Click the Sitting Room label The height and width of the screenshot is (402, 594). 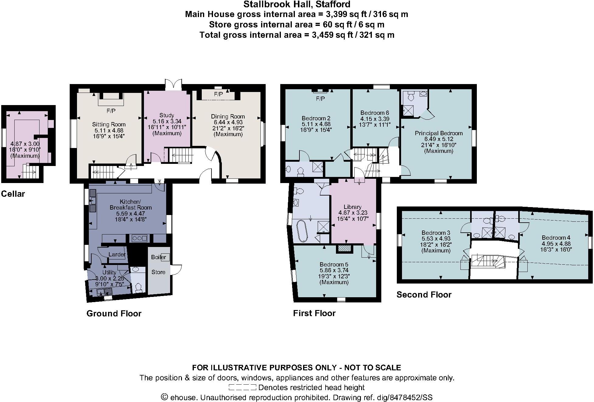click(x=109, y=124)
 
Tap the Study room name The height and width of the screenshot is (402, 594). click(x=167, y=115)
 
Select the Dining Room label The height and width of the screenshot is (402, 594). click(x=228, y=116)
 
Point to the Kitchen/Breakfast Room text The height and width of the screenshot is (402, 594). click(x=131, y=205)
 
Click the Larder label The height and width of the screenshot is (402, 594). click(x=117, y=254)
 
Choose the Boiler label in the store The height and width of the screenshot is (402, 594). click(x=159, y=257)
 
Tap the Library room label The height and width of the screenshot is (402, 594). click(x=352, y=207)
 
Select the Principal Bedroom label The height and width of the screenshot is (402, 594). click(x=439, y=133)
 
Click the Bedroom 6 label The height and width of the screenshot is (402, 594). click(x=375, y=113)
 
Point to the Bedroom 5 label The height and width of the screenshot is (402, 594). click(x=334, y=264)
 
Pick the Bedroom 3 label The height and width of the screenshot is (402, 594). click(x=436, y=233)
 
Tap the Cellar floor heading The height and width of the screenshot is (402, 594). click(x=13, y=194)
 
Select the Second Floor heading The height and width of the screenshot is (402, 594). click(x=424, y=294)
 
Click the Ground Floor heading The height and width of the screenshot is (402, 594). click(x=114, y=313)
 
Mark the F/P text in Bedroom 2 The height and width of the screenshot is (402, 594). click(x=320, y=99)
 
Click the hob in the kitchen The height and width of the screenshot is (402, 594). click(x=140, y=238)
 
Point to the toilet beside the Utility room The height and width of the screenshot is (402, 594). click(x=138, y=287)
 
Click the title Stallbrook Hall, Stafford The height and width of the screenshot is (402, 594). click(x=297, y=4)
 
